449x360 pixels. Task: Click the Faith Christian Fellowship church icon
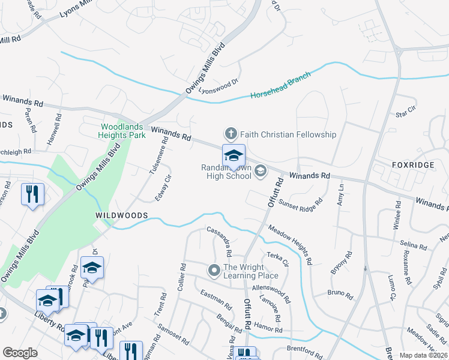[229, 134]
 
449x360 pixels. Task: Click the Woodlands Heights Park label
[123, 131]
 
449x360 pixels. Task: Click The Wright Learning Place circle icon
[214, 271]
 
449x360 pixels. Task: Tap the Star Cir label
[406, 110]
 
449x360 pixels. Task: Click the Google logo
[20, 353]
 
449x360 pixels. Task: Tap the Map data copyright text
[423, 355]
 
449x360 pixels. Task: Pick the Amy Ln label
[341, 194]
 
